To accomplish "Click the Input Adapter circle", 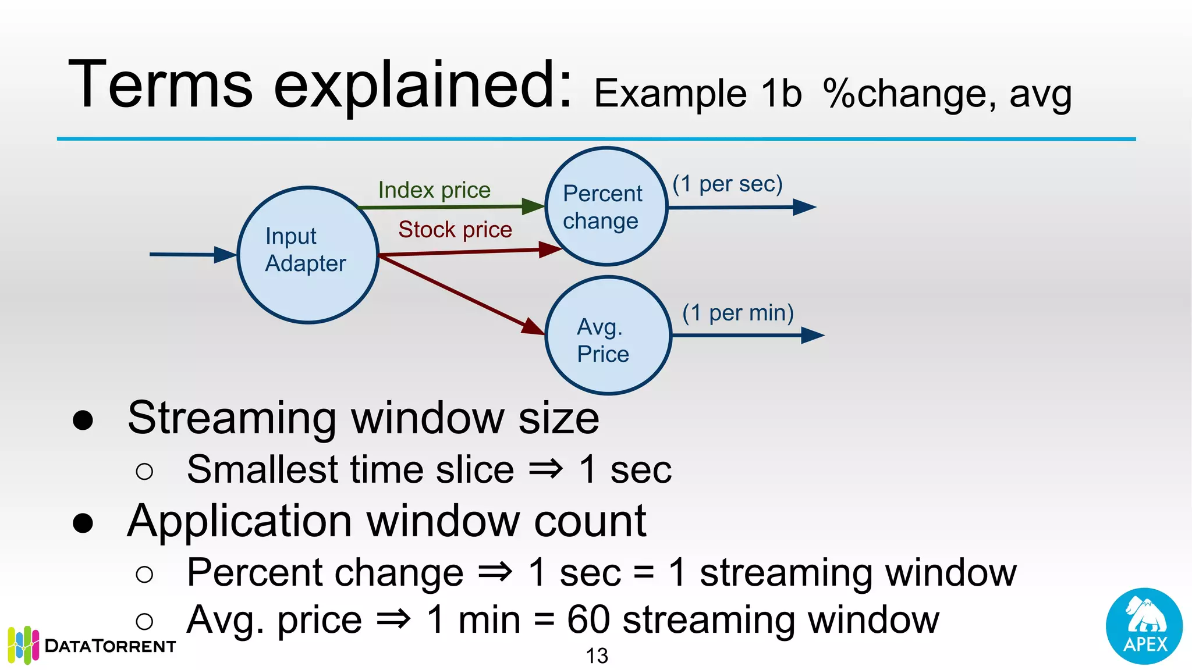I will (x=308, y=255).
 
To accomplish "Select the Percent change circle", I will (x=605, y=206).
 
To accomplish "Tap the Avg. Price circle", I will (x=608, y=336).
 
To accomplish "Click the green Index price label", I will (x=434, y=190).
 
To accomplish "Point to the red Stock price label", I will (x=455, y=230).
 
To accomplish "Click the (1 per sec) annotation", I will (x=727, y=184).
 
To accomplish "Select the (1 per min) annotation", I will (x=737, y=313).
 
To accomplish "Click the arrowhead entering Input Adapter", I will (x=225, y=255).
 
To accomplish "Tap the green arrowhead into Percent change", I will (x=532, y=206).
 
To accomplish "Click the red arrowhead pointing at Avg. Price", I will (x=532, y=327).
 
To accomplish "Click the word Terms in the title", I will (x=161, y=85).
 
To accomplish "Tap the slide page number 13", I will (x=597, y=656).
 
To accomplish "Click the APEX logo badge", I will (x=1144, y=626).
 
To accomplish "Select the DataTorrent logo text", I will (x=110, y=646).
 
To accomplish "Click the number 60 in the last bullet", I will (x=588, y=620).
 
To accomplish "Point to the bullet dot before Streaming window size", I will (x=83, y=420).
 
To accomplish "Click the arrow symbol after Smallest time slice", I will (x=545, y=469).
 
